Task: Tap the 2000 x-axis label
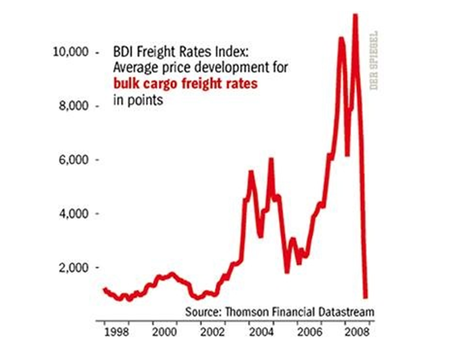click(165, 334)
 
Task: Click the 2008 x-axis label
click(358, 334)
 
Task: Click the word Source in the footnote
click(202, 312)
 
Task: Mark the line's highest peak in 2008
click(355, 15)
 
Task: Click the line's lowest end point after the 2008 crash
click(366, 296)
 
